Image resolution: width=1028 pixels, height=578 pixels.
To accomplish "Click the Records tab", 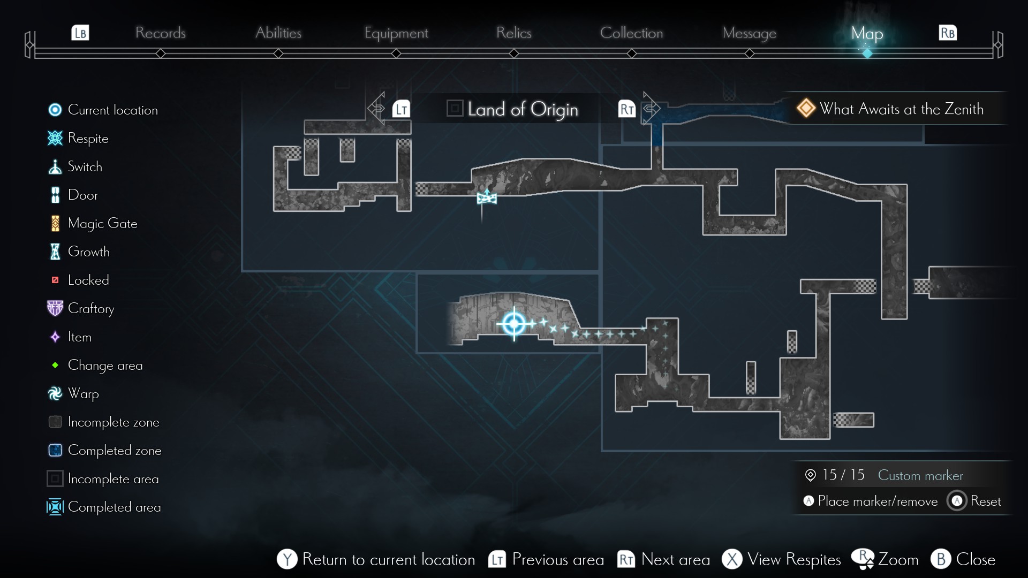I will coord(160,33).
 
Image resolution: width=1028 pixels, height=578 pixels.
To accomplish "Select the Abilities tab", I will coord(278,33).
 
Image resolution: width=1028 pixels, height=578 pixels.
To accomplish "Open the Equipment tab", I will coord(396,33).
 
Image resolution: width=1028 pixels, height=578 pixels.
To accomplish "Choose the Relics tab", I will coord(513,33).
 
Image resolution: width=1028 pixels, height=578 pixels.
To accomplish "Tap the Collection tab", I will coord(631,33).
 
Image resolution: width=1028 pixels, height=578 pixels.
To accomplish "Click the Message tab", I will coord(749,33).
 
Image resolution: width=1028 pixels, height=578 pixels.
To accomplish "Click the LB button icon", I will coord(80,33).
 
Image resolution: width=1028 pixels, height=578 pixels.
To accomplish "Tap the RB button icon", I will coord(948,33).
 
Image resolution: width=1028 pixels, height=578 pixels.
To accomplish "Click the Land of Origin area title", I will coord(522,109).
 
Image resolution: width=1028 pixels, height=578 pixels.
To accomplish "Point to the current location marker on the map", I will coord(514,323).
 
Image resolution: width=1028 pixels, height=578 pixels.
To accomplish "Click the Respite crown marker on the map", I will coord(487,197).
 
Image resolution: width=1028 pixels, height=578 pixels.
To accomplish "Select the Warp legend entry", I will coord(83,393).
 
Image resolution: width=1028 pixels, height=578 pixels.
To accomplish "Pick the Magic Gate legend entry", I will coord(102,223).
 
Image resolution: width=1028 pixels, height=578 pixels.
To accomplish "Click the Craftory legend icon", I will coord(55,308).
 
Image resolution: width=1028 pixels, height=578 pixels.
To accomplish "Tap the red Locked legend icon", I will coord(55,280).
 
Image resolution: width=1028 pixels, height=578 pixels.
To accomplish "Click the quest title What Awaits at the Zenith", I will coord(901,109).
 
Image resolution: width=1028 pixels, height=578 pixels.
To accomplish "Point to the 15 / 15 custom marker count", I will coord(843,475).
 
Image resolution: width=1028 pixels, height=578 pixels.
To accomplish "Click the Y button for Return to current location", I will coord(287,559).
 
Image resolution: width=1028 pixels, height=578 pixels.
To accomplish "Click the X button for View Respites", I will coord(732,559).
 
